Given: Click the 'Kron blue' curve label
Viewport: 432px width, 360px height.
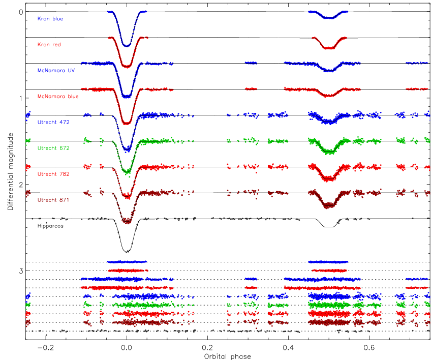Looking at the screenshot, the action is click(50, 19).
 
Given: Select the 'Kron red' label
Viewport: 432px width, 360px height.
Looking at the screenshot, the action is click(49, 45).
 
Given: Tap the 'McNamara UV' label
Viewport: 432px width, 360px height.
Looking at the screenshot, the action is click(56, 71).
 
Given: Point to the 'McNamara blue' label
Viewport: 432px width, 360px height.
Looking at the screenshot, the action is click(58, 97).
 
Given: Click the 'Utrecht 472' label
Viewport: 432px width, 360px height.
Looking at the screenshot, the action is click(53, 123).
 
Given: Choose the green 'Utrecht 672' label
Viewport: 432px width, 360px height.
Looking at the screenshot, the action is click(53, 148).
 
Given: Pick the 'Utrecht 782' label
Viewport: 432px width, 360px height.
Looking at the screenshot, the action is click(53, 174).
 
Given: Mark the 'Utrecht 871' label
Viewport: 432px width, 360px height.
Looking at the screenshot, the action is click(53, 200).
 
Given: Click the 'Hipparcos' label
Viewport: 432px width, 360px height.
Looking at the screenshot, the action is click(50, 226).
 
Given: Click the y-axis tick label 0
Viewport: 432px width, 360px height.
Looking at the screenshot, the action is click(21, 12).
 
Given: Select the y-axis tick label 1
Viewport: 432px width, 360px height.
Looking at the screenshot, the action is click(21, 99).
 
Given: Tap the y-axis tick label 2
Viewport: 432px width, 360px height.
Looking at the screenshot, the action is click(21, 185).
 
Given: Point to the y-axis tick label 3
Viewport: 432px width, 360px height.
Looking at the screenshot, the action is click(21, 271).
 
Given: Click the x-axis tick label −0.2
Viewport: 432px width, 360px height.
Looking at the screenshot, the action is click(45, 347).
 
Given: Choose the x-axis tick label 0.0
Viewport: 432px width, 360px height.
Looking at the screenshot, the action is click(127, 347).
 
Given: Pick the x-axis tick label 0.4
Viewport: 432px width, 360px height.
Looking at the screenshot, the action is click(288, 347).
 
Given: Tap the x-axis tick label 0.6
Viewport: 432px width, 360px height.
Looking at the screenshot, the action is click(369, 347).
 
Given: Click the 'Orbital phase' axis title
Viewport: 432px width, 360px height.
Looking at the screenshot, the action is click(228, 356).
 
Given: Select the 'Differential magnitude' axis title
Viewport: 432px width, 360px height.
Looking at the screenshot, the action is click(11, 171).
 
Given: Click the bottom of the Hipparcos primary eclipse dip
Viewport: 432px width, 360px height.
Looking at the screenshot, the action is click(127, 251).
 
